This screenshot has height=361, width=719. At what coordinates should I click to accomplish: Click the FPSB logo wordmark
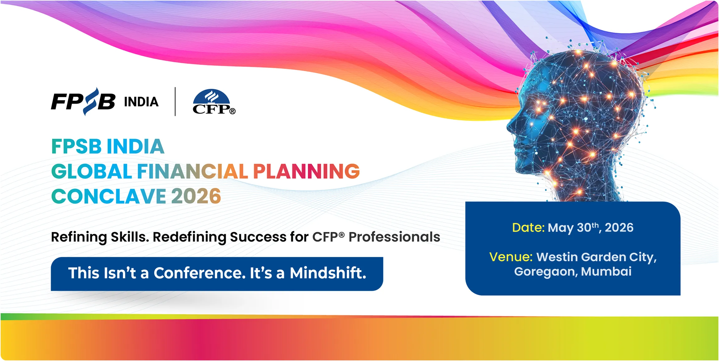[83, 101]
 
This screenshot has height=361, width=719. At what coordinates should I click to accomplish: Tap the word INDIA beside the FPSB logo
[141, 102]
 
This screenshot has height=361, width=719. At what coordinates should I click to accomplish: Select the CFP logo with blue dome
[214, 102]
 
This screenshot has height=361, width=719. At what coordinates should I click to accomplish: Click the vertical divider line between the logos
[175, 102]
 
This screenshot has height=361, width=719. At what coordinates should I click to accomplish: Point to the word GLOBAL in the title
[92, 171]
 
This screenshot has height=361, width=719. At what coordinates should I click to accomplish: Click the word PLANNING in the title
[306, 171]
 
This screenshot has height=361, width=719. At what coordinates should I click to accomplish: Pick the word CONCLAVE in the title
[109, 196]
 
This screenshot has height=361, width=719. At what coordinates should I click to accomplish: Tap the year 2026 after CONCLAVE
[196, 196]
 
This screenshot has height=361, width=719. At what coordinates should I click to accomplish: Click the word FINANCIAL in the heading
[192, 171]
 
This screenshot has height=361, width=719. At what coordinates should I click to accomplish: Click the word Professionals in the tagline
[394, 237]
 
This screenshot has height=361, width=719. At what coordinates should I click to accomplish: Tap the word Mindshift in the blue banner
[328, 273]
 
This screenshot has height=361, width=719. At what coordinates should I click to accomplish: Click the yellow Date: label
[528, 228]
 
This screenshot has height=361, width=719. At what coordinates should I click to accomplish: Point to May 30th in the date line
[574, 228]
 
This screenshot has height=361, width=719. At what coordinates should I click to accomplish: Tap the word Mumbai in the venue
[606, 272]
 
